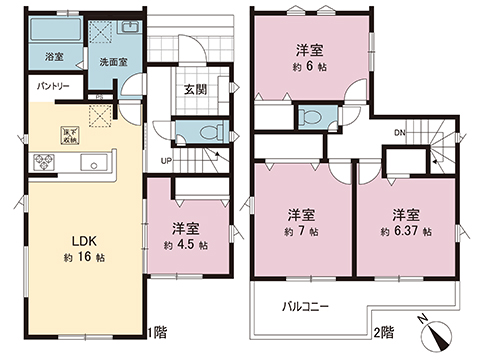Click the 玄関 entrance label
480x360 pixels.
coord(195,89)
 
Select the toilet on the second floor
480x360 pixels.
coord(311,117)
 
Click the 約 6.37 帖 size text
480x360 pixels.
coord(406,232)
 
